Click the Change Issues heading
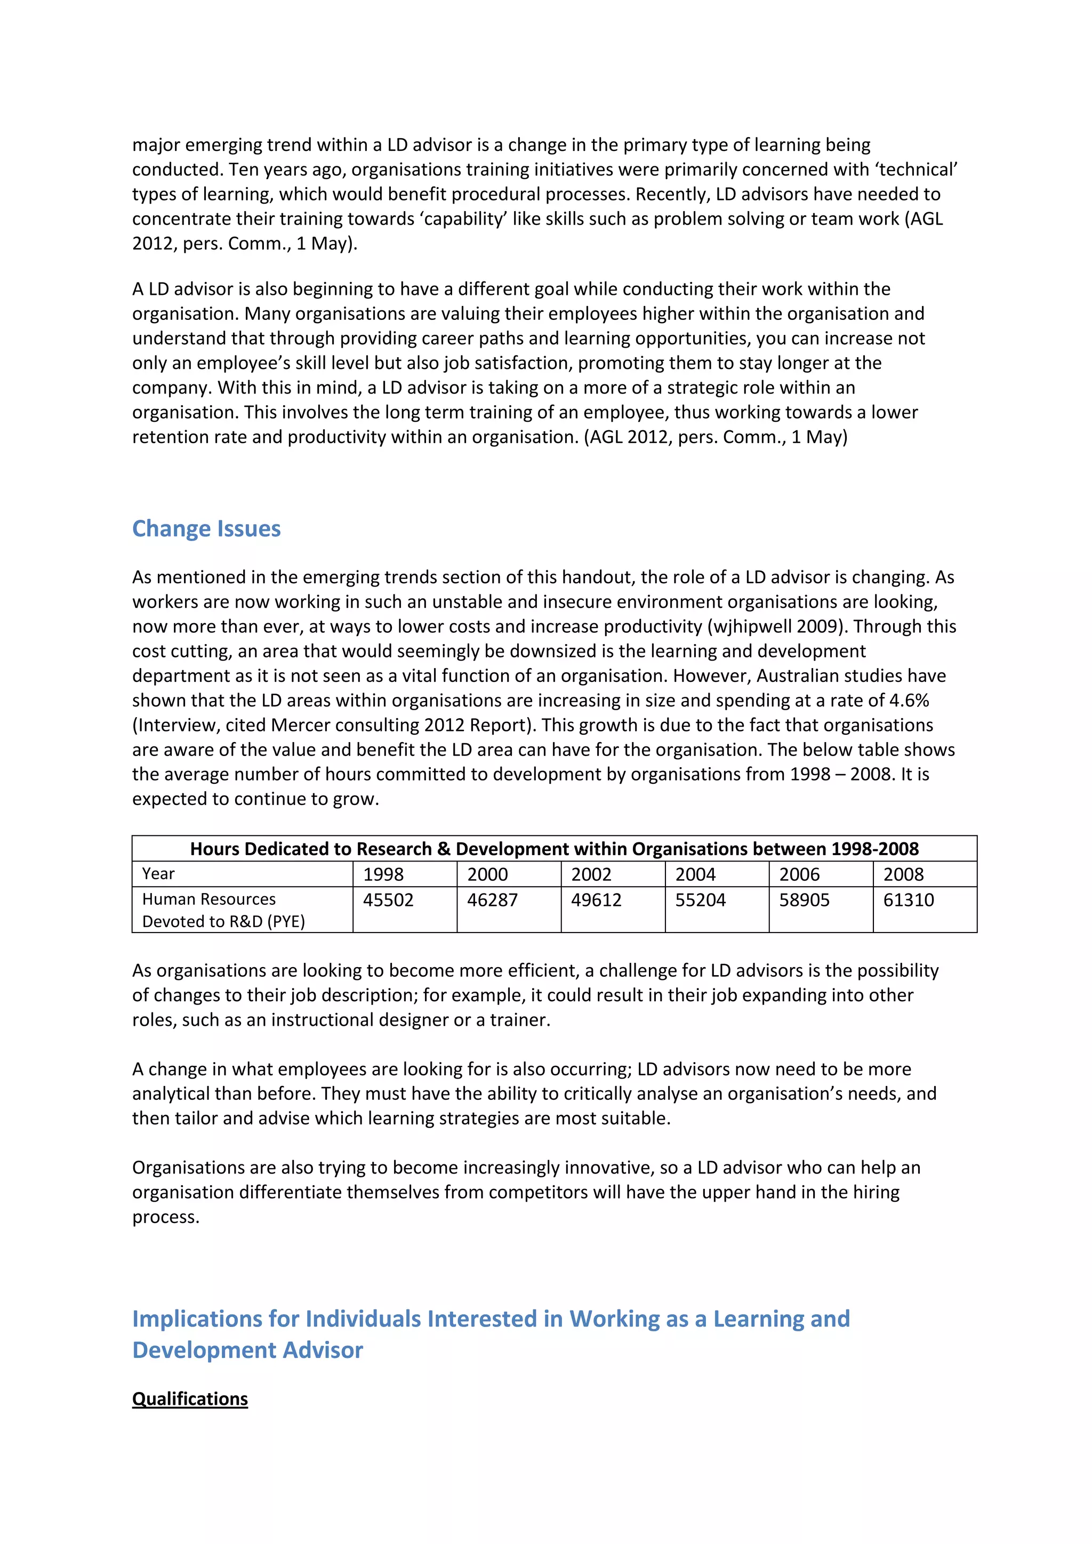pyautogui.click(x=206, y=528)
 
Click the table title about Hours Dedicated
pyautogui.click(x=554, y=849)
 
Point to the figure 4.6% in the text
pyautogui.click(x=909, y=700)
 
